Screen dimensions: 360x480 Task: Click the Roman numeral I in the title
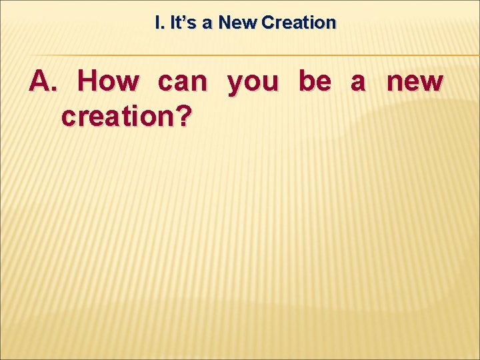(x=157, y=23)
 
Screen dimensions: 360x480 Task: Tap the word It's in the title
(x=183, y=23)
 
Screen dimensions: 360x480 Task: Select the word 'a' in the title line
(x=207, y=23)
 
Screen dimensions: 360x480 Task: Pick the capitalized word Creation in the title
(x=299, y=23)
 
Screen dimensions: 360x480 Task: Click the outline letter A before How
(x=41, y=81)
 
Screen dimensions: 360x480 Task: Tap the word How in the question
(x=109, y=81)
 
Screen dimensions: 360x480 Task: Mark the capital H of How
(x=89, y=81)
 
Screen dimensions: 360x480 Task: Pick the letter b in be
(x=306, y=81)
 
